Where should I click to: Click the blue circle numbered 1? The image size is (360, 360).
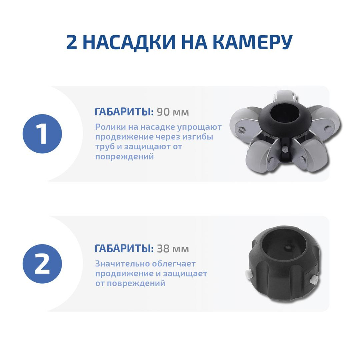(x=42, y=134)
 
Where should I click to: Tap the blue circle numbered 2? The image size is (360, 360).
(x=42, y=264)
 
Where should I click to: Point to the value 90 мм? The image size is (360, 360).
(x=173, y=112)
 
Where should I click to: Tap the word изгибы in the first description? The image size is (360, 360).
(x=198, y=137)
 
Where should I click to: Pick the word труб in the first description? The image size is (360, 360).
(x=104, y=147)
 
